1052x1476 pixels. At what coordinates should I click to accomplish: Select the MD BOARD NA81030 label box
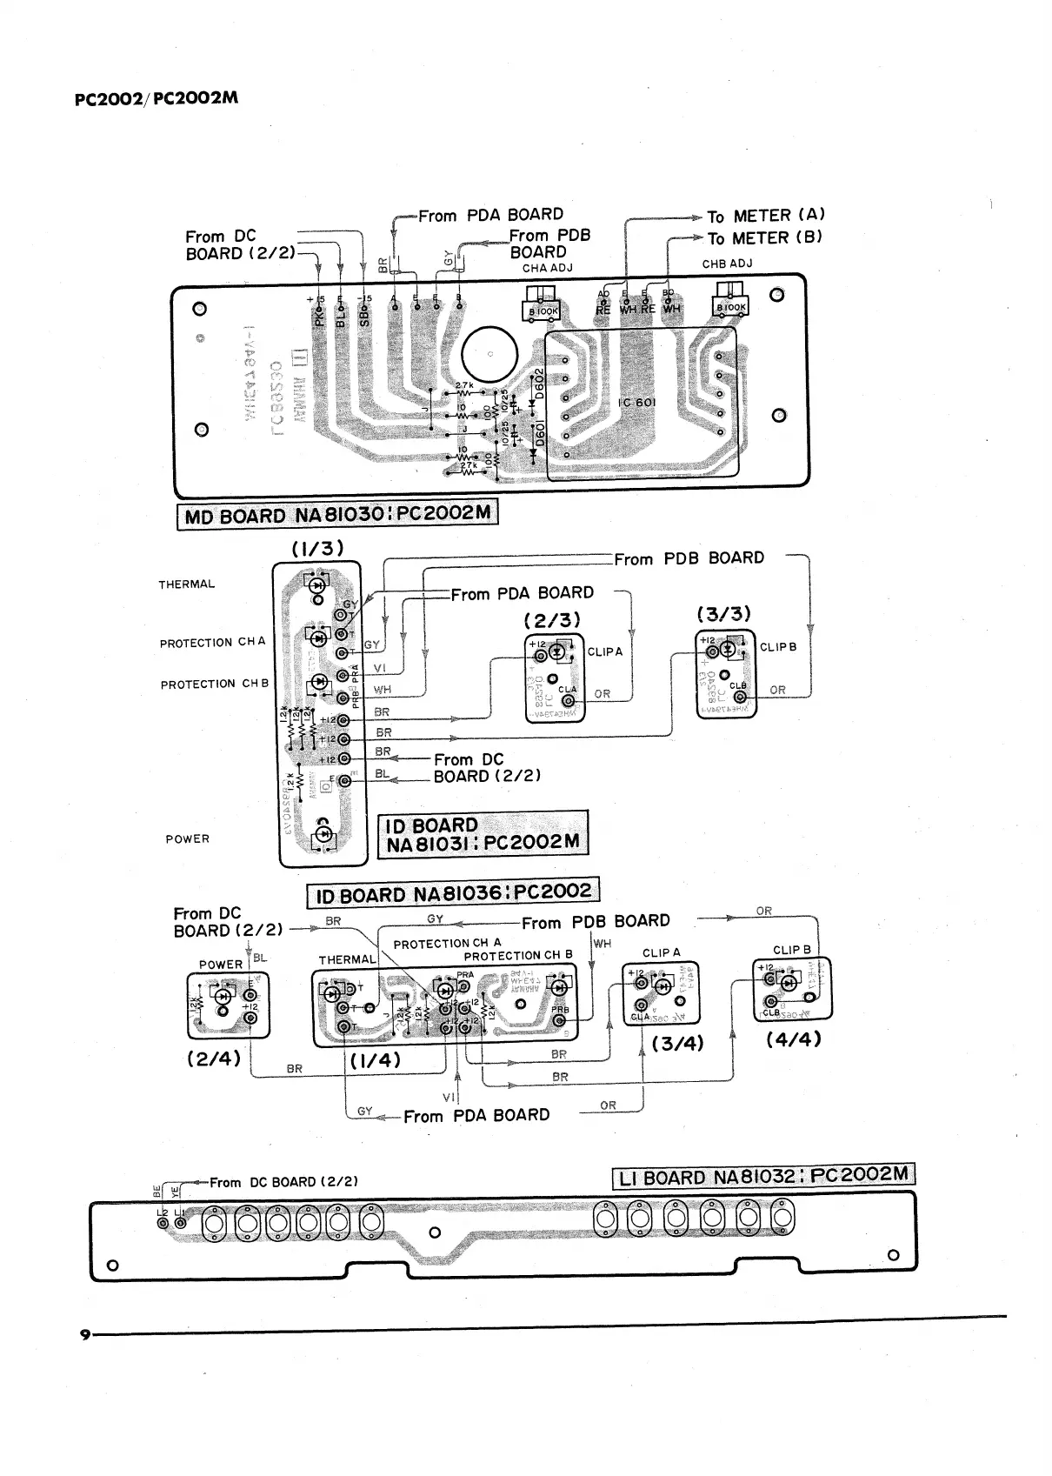[337, 515]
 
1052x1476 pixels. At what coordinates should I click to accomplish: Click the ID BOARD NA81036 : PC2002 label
[453, 893]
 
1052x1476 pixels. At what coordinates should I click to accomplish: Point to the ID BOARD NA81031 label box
[483, 834]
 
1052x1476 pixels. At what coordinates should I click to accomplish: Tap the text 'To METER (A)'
[765, 215]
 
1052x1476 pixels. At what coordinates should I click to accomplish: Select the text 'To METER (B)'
[764, 237]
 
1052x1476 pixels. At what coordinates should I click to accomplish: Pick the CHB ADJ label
[727, 264]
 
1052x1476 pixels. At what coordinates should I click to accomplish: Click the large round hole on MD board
[489, 355]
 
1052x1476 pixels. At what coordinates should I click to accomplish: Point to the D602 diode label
[539, 384]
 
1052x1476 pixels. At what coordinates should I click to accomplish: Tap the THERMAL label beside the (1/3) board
[186, 584]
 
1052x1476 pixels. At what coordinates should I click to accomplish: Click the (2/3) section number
[551, 619]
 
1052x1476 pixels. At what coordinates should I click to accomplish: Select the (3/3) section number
[724, 614]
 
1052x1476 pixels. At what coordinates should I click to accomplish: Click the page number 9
[84, 1335]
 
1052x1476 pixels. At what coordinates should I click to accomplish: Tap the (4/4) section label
[793, 1039]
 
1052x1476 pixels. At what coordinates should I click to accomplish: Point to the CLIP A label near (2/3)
[605, 651]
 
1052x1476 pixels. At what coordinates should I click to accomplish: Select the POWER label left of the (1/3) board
[187, 839]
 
